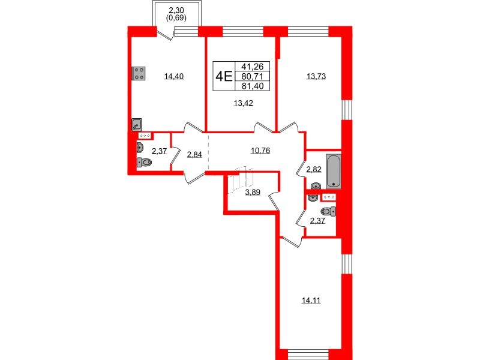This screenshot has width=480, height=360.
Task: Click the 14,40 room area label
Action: coord(173,76)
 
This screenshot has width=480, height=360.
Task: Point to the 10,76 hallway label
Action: coord(259,151)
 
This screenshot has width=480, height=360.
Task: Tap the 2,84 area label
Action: coord(194,155)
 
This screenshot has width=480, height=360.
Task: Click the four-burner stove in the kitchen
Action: coord(139,73)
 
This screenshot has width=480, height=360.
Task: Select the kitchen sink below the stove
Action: coord(137,124)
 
